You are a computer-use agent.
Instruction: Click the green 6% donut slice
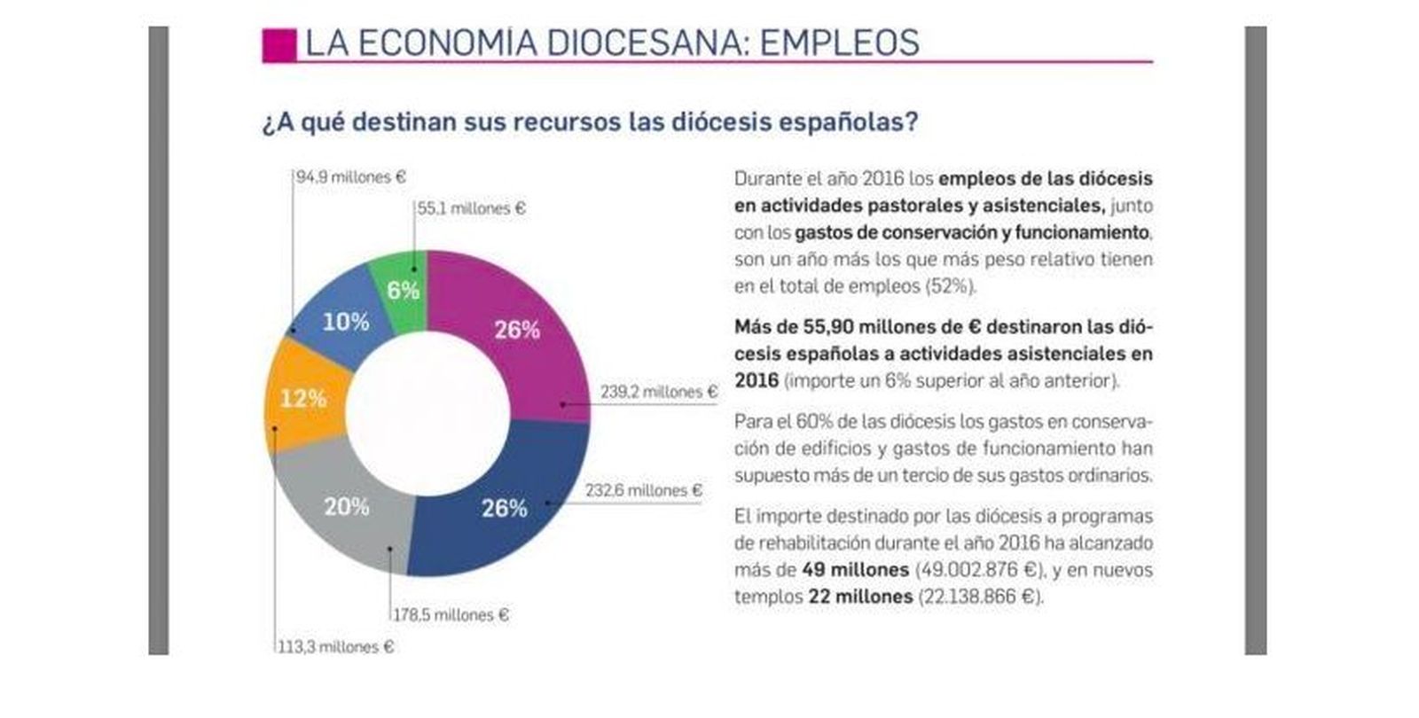point(401,288)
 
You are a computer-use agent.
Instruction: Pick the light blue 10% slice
point(344,321)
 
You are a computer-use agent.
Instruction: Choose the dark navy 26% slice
point(504,508)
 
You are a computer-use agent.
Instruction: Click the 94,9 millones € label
point(350,177)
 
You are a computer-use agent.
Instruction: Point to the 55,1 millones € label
point(471,209)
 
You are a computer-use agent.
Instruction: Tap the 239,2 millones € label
point(658,392)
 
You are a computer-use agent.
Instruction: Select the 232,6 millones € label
point(643,490)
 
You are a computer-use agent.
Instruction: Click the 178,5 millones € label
point(451,614)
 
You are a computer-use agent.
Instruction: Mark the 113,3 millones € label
point(335,647)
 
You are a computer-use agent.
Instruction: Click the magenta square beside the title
point(278,44)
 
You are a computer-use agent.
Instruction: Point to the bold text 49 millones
point(855,569)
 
